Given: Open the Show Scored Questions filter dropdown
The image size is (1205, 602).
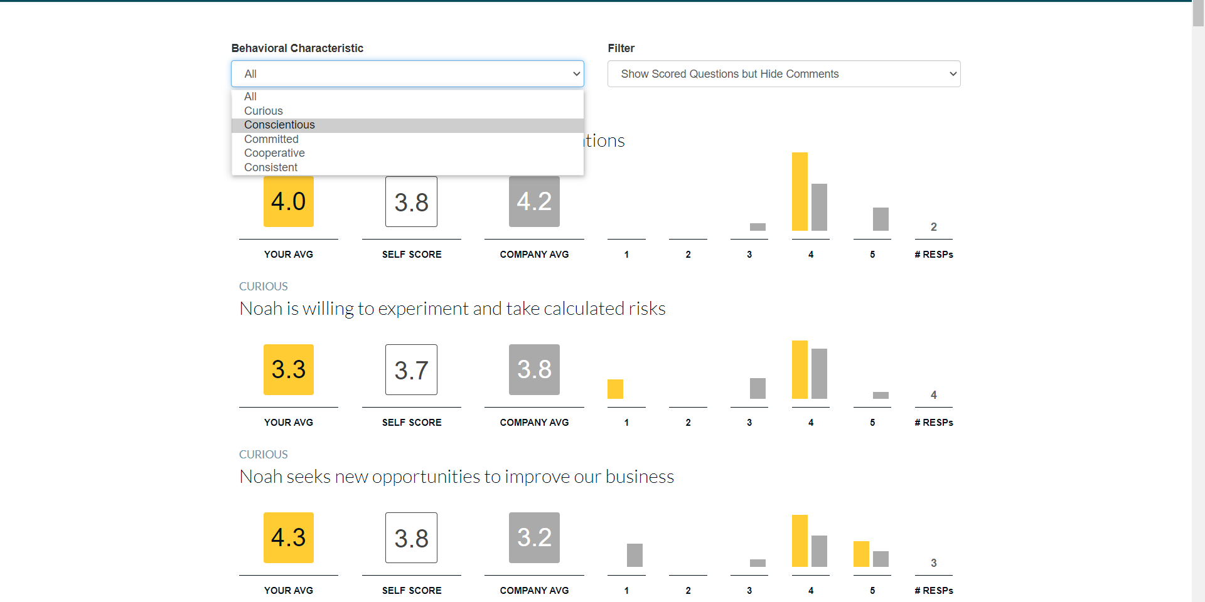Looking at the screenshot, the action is [x=784, y=74].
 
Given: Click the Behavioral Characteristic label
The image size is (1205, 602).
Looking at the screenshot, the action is [x=297, y=48].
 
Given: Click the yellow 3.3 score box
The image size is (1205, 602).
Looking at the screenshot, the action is [x=289, y=369].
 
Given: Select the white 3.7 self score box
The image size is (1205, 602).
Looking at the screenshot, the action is [x=411, y=369].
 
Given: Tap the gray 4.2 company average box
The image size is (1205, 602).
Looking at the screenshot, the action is [x=534, y=201].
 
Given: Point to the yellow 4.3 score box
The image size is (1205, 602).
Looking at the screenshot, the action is [x=289, y=537].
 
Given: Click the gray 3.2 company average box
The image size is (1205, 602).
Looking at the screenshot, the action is [x=534, y=537].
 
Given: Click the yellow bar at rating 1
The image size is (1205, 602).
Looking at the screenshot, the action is [x=615, y=389].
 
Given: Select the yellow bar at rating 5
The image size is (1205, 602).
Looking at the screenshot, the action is [x=861, y=554].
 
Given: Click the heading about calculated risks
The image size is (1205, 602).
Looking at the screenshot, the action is [x=453, y=309].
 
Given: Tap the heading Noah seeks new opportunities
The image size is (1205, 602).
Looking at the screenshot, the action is [x=457, y=477].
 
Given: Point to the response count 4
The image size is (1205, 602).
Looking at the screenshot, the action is [x=934, y=395].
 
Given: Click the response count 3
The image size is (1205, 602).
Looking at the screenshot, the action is [x=934, y=563].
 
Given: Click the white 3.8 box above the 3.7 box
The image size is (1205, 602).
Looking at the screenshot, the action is [x=411, y=201].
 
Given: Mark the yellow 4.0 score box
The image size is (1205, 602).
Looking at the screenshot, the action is [x=289, y=201].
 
